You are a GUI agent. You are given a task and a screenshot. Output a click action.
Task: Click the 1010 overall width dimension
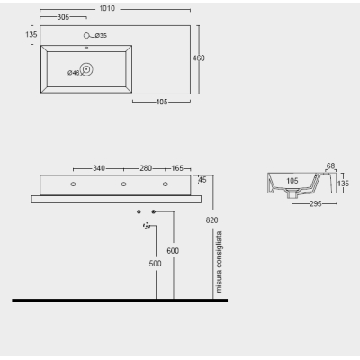pyautogui.click(x=107, y=8)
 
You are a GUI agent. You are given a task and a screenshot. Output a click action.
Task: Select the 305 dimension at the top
pyautogui.click(x=63, y=17)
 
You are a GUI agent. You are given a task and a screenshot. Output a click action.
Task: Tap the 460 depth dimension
pyautogui.click(x=199, y=58)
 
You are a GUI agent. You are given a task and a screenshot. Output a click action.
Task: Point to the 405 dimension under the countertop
pyautogui.click(x=161, y=102)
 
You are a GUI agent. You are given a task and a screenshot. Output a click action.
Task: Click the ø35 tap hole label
pyautogui.click(x=101, y=36)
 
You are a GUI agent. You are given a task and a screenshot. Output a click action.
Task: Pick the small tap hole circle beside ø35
pyautogui.click(x=86, y=36)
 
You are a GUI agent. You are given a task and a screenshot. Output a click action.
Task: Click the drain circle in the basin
pyautogui.click(x=86, y=69)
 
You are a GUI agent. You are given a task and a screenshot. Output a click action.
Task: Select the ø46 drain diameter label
pyautogui.click(x=74, y=73)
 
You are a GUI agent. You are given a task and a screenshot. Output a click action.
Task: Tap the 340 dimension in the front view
pyautogui.click(x=99, y=168)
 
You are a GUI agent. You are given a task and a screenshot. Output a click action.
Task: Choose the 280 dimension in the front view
pyautogui.click(x=146, y=168)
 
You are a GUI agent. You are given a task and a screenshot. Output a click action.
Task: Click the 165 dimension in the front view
pyautogui.click(x=177, y=168)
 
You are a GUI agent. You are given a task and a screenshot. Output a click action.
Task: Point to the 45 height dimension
pyautogui.click(x=202, y=180)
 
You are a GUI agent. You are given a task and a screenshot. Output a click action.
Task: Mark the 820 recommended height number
pyautogui.click(x=211, y=220)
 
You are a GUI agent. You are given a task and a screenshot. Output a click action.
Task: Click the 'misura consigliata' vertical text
pyautogui.click(x=219, y=262)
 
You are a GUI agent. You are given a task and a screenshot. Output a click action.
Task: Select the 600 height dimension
pyautogui.click(x=173, y=251)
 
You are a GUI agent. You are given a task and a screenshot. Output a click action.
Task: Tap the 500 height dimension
pyautogui.click(x=155, y=264)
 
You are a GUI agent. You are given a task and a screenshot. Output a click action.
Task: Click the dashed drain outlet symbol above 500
pyautogui.click(x=147, y=226)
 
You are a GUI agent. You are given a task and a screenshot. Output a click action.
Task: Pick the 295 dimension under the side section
pyautogui.click(x=316, y=204)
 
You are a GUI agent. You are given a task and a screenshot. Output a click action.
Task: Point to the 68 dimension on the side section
pyautogui.click(x=330, y=166)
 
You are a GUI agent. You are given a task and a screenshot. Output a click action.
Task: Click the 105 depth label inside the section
pyautogui.click(x=292, y=181)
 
